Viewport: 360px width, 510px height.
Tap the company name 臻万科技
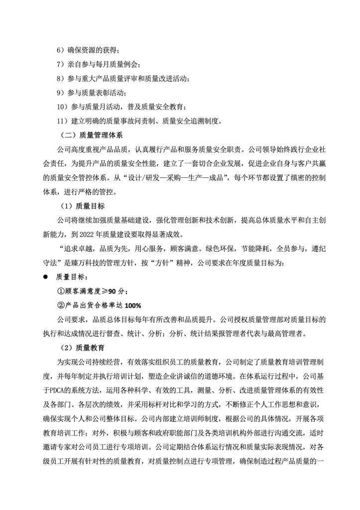[112, 262]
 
